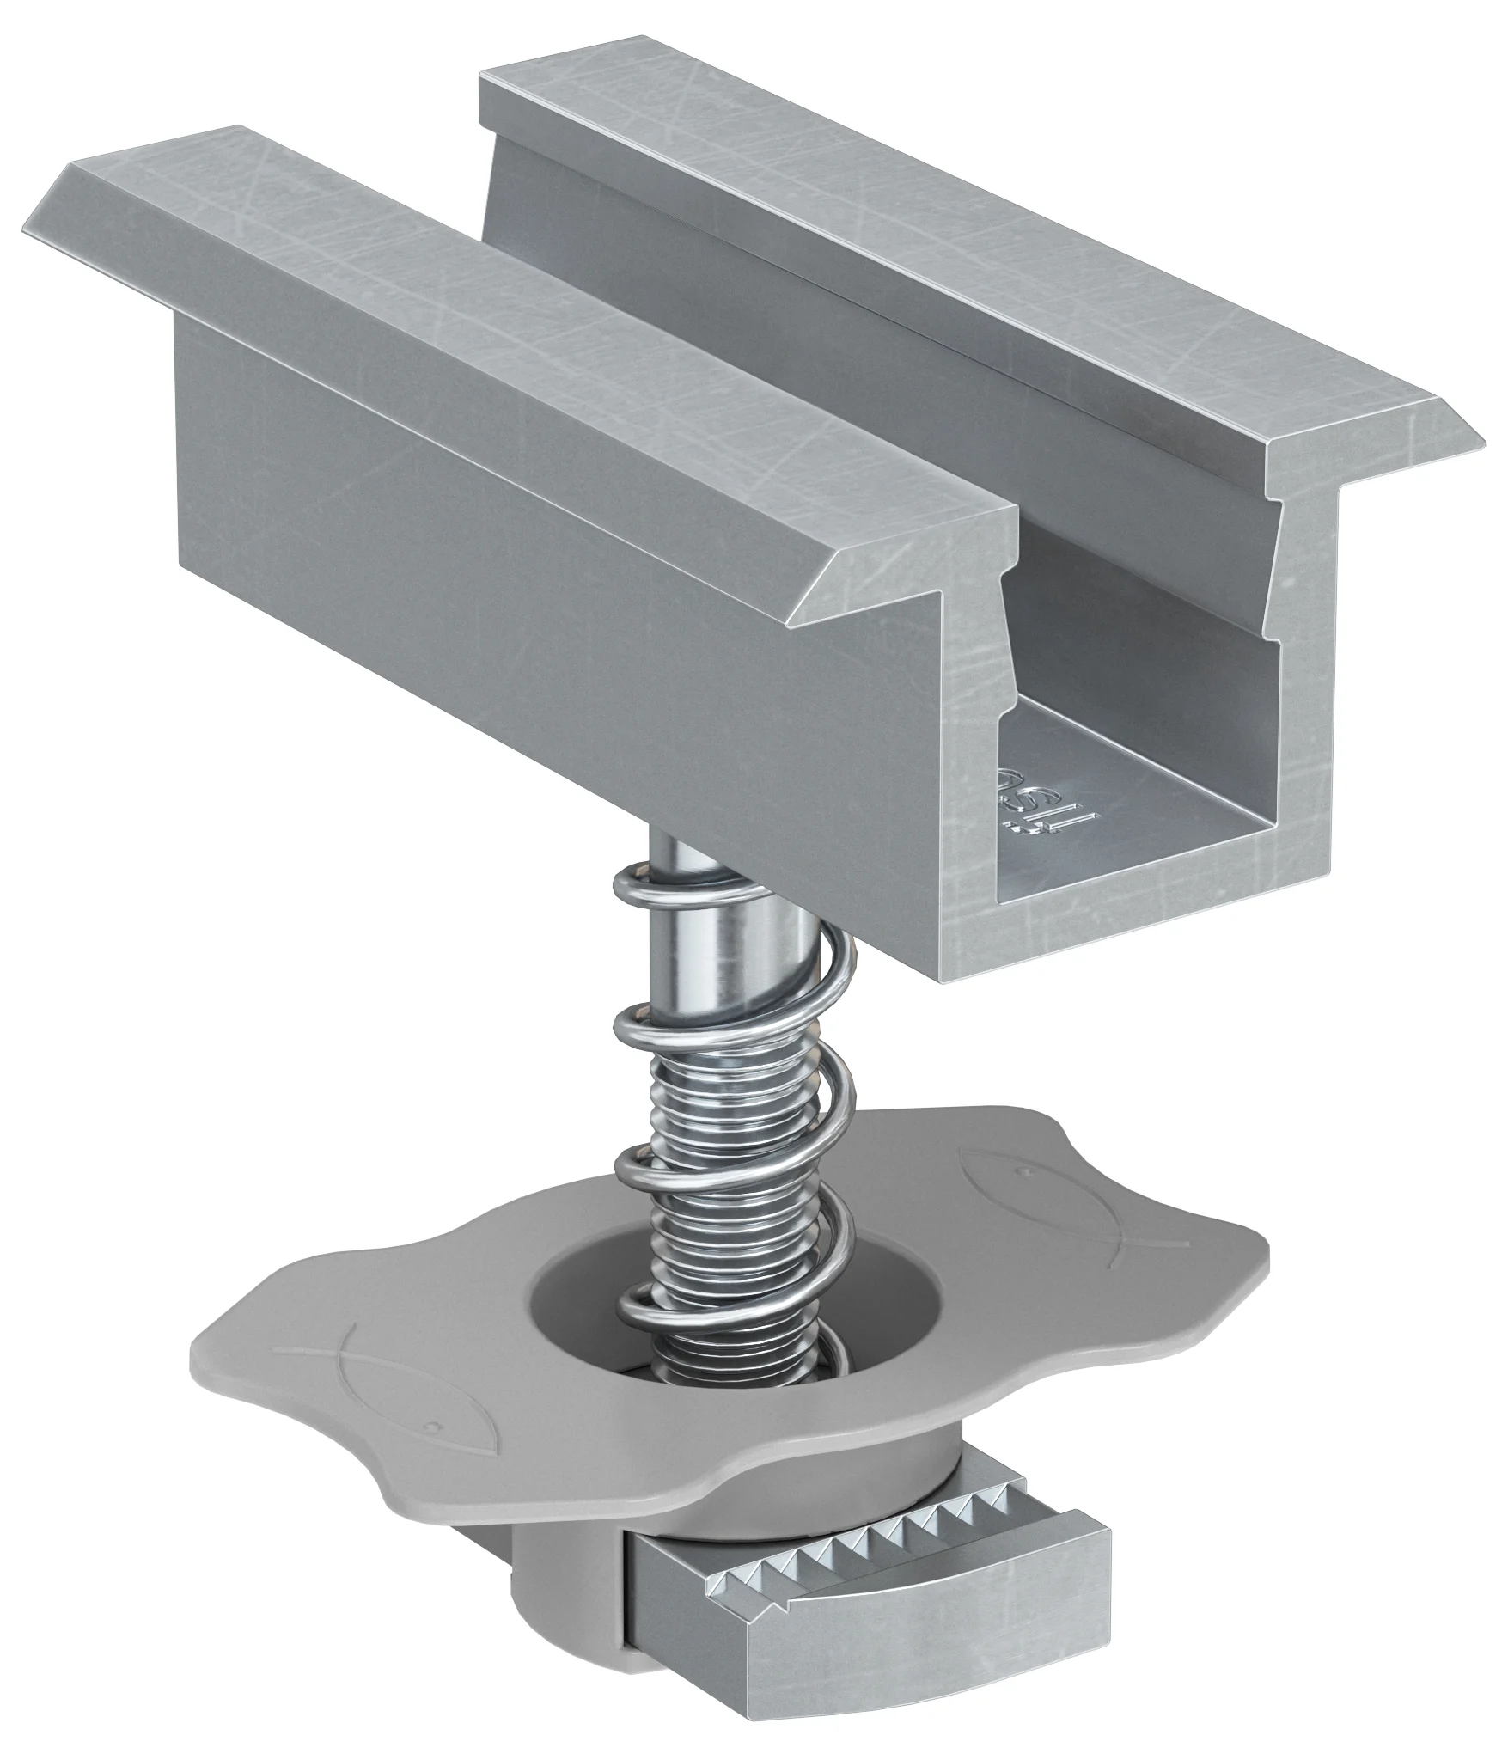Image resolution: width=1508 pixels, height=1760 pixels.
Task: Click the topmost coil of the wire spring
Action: (687, 885)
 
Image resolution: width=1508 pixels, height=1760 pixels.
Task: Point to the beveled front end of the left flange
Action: (902, 559)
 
